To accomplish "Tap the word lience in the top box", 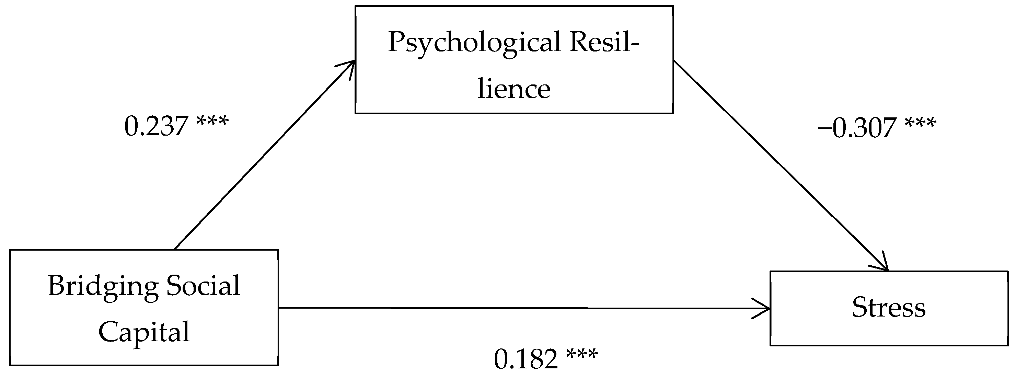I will pyautogui.click(x=513, y=89).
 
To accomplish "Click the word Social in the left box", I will pyautogui.click(x=203, y=286).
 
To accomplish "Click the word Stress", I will pyautogui.click(x=889, y=308).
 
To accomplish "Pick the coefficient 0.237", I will pyautogui.click(x=156, y=127).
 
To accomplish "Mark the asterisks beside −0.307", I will pyautogui.click(x=920, y=122).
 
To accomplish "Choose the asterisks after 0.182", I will pyautogui.click(x=582, y=353).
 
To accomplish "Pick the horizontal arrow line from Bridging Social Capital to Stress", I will pyautogui.click(x=513, y=308).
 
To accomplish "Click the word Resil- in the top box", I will pyautogui.click(x=604, y=43).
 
